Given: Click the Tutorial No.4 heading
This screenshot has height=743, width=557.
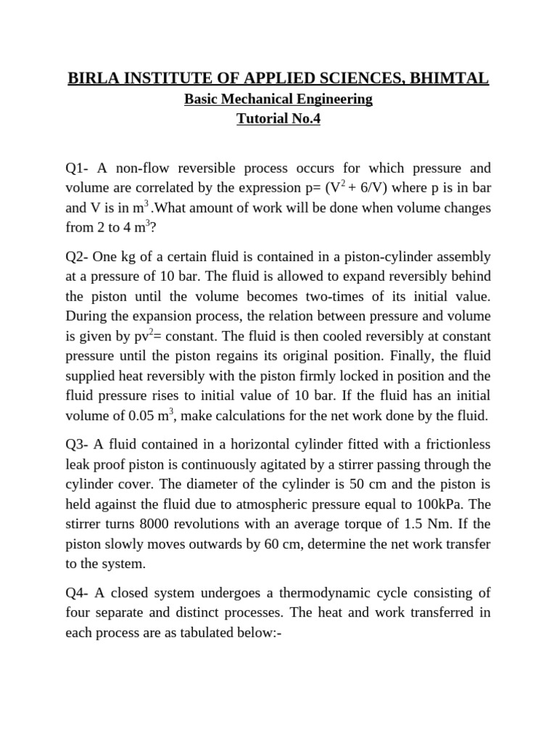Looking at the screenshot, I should click(x=278, y=120).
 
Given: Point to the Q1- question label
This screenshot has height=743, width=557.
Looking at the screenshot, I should click(x=78, y=168).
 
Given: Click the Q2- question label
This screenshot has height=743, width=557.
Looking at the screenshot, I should click(x=78, y=257).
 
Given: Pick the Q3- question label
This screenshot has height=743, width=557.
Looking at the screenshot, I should click(x=78, y=445).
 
